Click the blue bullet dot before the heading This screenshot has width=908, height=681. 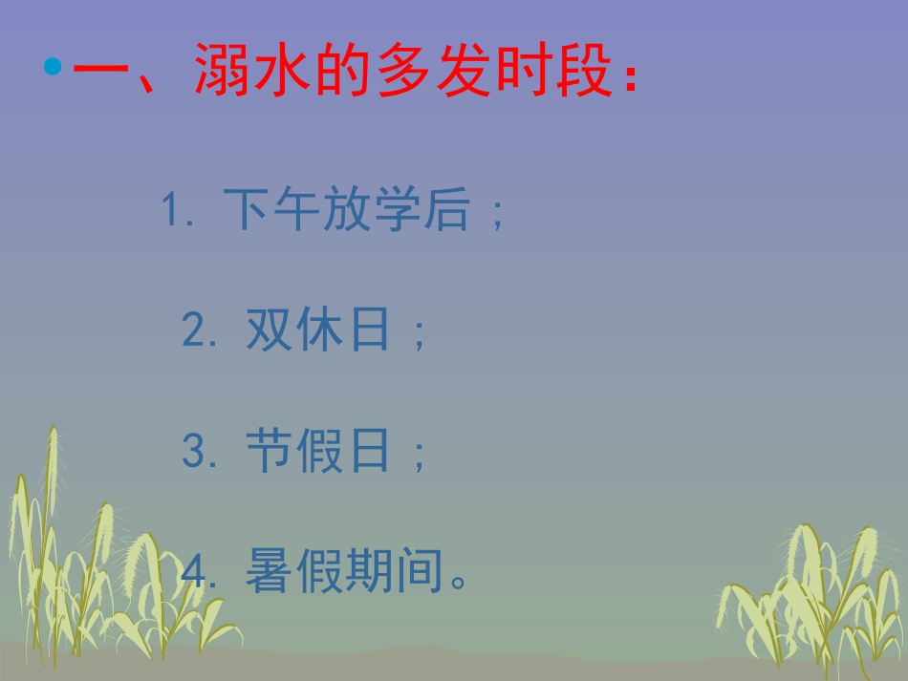point(53,68)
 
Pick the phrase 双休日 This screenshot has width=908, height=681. point(318,330)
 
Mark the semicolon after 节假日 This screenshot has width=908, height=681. point(418,457)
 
